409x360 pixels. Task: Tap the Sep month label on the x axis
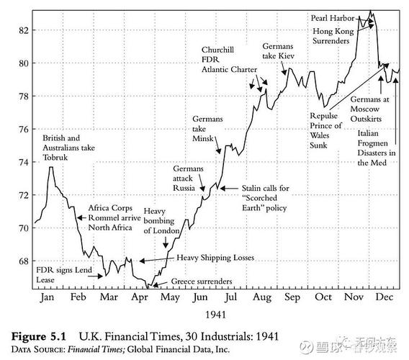pyautogui.click(x=292, y=297)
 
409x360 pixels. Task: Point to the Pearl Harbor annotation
pyautogui.click(x=332, y=17)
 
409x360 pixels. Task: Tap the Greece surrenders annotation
pyautogui.click(x=202, y=282)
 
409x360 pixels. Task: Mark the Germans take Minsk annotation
pyautogui.click(x=208, y=128)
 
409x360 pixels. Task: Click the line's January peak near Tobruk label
pyautogui.click(x=51, y=168)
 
